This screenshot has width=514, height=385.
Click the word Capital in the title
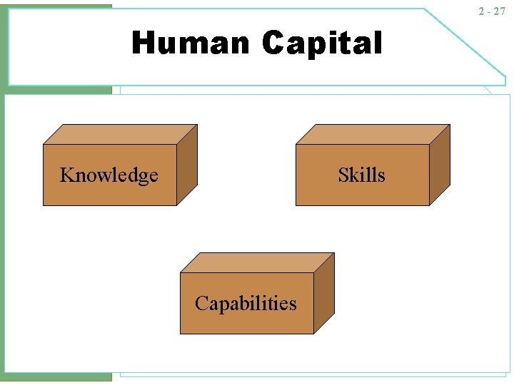click(322, 43)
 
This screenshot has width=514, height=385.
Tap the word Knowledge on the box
click(109, 175)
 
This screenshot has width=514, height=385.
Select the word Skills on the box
click(361, 175)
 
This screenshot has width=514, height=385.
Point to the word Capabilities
click(246, 304)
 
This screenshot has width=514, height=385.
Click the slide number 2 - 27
click(492, 11)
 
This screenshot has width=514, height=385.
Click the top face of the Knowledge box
click(119, 134)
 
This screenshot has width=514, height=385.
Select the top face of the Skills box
click(372, 134)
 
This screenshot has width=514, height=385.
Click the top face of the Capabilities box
click(256, 262)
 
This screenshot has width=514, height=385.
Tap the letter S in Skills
click(343, 175)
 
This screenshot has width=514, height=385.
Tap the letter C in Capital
click(273, 43)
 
